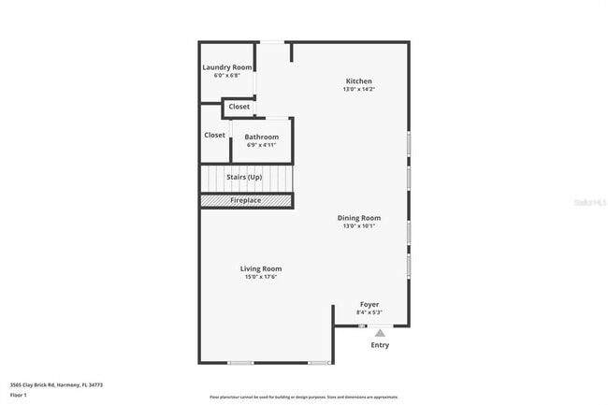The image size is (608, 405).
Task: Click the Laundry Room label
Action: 227,67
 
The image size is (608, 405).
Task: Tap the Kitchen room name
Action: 359,81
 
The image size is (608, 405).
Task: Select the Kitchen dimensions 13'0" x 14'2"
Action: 359,89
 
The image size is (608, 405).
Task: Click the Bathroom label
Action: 261,137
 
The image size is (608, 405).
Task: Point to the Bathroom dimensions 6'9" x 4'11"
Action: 261,145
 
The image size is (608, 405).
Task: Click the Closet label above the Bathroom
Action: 239,107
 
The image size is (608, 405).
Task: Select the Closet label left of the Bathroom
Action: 214,135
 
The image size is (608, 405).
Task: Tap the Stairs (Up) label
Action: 244,176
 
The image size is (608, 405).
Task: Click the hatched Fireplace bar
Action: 246,200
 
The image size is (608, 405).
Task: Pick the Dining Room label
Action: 359,218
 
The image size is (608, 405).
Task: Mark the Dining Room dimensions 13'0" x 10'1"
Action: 359,225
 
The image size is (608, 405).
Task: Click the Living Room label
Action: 261,268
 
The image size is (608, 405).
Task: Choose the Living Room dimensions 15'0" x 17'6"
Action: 261,276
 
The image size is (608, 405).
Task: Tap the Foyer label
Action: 369,304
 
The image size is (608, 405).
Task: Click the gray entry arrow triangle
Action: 379,331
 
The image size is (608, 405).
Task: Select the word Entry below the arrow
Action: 380,345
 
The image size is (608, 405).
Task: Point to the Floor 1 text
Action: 20,395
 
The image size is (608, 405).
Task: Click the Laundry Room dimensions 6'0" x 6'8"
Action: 227,75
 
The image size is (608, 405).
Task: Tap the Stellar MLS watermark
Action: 589,201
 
